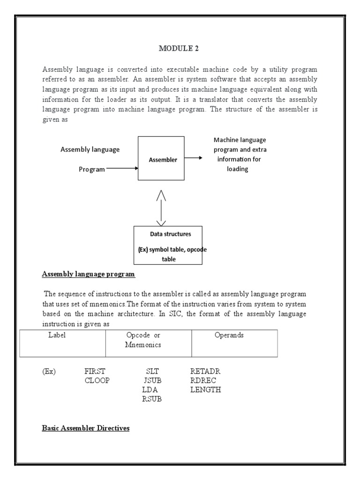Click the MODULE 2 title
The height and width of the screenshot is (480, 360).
[176, 48]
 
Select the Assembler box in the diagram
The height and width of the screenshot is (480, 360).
[161, 158]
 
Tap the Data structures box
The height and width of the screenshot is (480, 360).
[168, 245]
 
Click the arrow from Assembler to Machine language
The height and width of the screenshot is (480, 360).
[194, 159]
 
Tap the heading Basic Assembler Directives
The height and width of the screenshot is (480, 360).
[85, 428]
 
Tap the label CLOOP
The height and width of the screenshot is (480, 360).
[97, 381]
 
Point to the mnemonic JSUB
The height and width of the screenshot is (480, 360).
[152, 381]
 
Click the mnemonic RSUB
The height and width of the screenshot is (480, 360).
[152, 399]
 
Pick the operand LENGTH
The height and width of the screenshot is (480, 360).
[206, 390]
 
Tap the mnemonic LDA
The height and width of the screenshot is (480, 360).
[150, 390]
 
